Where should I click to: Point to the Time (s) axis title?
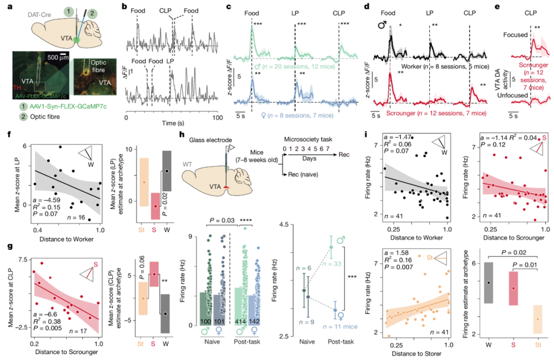tap(173, 127)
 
